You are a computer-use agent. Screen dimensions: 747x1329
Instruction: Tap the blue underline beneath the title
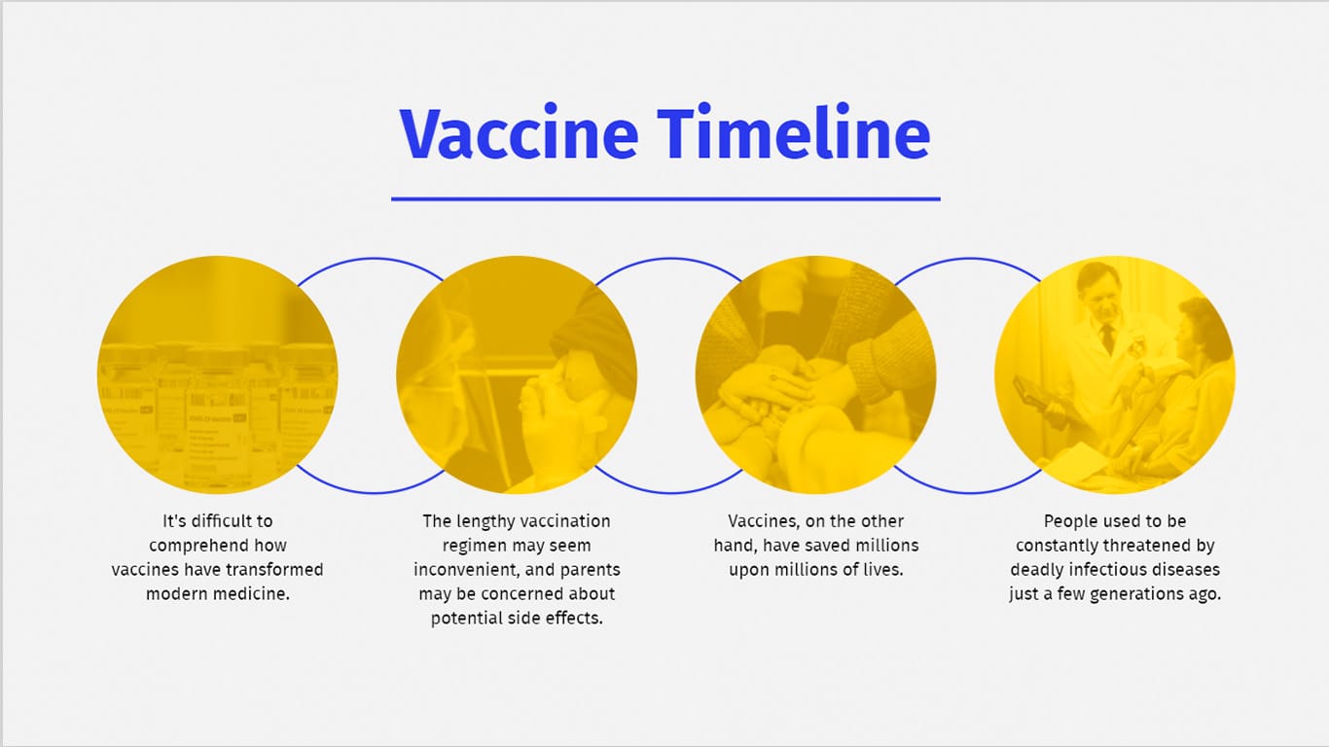[x=665, y=199]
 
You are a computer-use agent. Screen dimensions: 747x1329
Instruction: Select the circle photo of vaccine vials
[x=217, y=374]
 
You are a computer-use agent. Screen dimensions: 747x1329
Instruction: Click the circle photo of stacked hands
[x=815, y=374]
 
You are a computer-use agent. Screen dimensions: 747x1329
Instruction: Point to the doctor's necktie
[x=1108, y=338]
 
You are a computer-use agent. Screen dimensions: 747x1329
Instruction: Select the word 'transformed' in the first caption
[x=276, y=570]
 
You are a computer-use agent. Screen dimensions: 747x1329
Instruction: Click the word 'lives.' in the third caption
[x=880, y=570]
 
